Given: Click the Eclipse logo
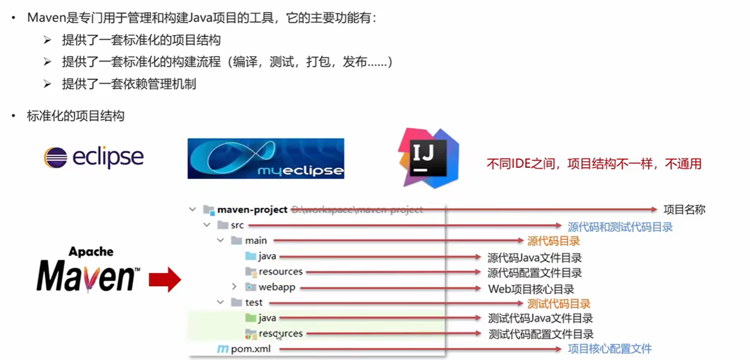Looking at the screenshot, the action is (94, 157).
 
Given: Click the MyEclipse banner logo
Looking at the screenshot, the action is (266, 158).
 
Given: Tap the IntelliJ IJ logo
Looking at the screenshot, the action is (428, 158).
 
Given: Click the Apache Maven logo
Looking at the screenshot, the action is (88, 270).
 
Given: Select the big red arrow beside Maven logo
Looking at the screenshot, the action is (165, 280).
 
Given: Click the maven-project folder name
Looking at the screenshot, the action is (252, 210).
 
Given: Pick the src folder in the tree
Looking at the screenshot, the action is (237, 225).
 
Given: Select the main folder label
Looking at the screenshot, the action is (256, 241).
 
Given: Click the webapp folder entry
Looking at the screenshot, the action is (277, 287).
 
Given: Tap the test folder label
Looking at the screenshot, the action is (254, 302).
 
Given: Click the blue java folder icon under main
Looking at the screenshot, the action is (250, 256).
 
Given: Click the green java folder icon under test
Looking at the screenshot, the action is (250, 317).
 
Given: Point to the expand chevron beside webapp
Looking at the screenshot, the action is (234, 287).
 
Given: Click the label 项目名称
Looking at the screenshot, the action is (684, 210).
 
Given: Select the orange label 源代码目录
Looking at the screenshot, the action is (553, 241).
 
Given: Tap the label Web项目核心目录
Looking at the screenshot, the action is (531, 289).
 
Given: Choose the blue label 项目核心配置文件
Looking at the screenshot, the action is (610, 349).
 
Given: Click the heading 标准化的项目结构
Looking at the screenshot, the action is (76, 116).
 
